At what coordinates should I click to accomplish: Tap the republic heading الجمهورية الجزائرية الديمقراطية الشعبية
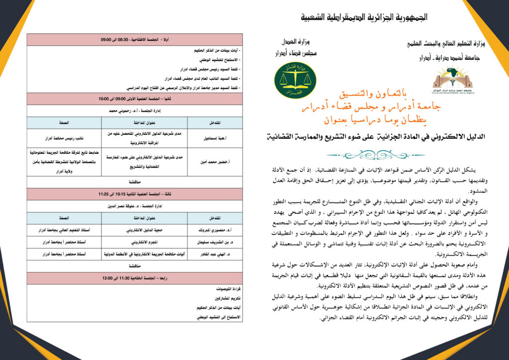pyautogui.click(x=365, y=18)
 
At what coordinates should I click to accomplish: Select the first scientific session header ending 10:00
pyautogui.click(x=135, y=99)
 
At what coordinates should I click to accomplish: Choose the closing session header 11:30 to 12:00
pyautogui.click(x=135, y=278)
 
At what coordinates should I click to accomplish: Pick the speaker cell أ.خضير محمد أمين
pyautogui.click(x=215, y=162)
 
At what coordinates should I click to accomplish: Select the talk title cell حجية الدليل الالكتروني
pyautogui.click(x=144, y=230)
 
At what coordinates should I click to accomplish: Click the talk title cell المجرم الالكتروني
pyautogui.click(x=144, y=242)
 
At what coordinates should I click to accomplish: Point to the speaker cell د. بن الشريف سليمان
pyautogui.click(x=215, y=242)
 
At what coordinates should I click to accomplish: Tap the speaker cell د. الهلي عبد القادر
pyautogui.click(x=215, y=254)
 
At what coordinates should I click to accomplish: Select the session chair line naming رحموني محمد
pyautogui.click(x=135, y=111)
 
